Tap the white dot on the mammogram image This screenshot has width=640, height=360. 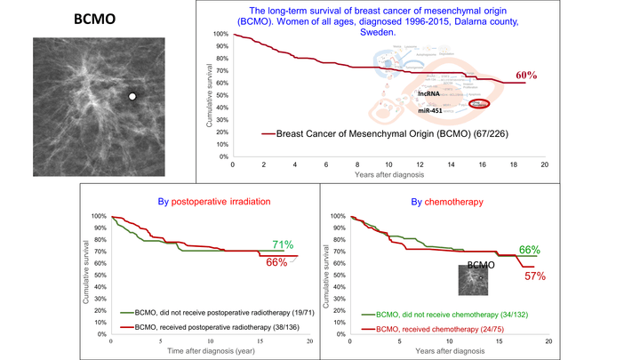pos(132,96)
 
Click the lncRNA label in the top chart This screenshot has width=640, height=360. pos(431,92)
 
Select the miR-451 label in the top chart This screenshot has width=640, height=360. pos(432,110)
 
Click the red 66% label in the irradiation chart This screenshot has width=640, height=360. pos(278,262)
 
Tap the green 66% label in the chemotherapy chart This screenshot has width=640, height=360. pos(530,250)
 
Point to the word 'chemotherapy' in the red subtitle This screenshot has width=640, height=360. pos(459,202)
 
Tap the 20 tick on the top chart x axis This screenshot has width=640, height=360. pos(544,164)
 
